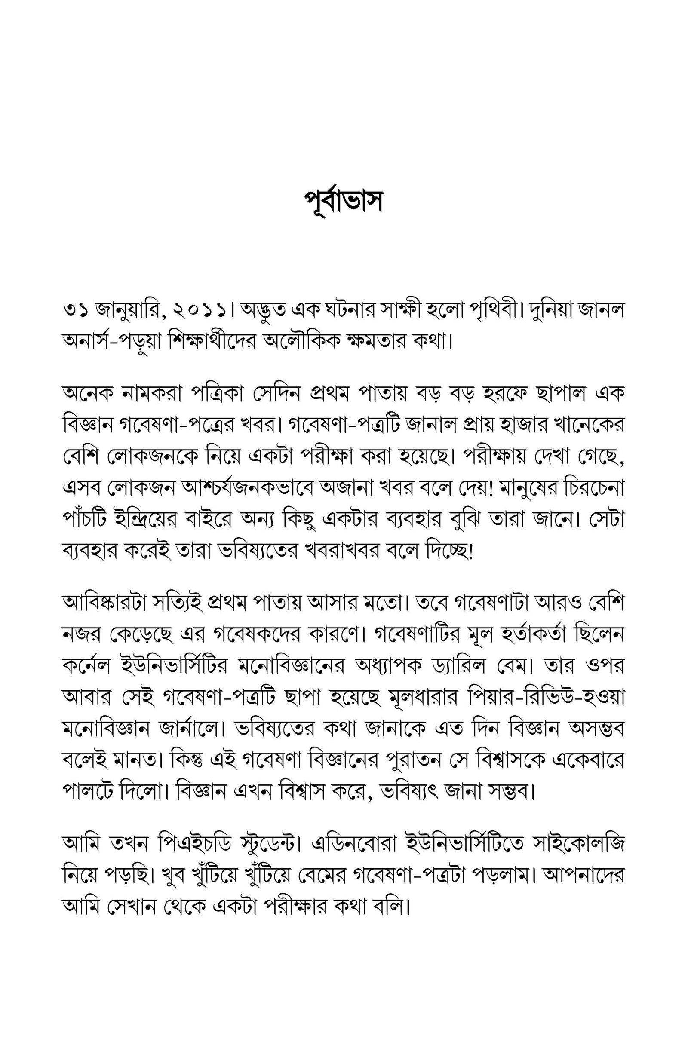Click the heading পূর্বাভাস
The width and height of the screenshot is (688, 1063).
pos(344,202)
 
